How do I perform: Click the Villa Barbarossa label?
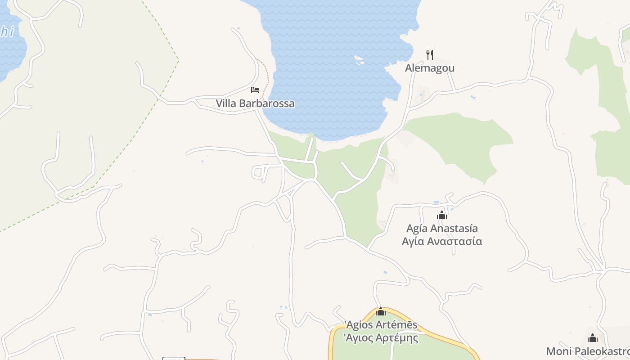pyautogui.click(x=255, y=103)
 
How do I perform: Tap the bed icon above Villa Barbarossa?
pyautogui.click(x=255, y=90)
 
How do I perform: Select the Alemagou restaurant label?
pyautogui.click(x=430, y=68)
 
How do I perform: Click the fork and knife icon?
pyautogui.click(x=430, y=55)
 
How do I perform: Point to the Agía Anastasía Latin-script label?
pyautogui.click(x=442, y=228)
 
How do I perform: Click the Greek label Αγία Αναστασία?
pyautogui.click(x=442, y=241)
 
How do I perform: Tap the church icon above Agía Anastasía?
pyautogui.click(x=442, y=215)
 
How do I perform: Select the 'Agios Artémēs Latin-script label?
pyautogui.click(x=381, y=325)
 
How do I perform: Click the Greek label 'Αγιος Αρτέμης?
pyautogui.click(x=381, y=337)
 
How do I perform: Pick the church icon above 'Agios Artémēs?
pyautogui.click(x=381, y=311)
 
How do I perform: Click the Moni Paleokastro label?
pyautogui.click(x=588, y=351)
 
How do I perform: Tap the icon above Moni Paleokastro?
pyautogui.click(x=593, y=338)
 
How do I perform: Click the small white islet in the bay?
pyautogui.click(x=359, y=59)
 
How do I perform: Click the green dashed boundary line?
pyautogui.click(x=135, y=135)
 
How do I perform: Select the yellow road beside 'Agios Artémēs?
pyautogui.click(x=432, y=331)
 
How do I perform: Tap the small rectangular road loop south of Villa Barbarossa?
pyautogui.click(x=258, y=171)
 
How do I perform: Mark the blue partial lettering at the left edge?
pyautogui.click(x=7, y=31)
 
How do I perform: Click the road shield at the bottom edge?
pyautogui.click(x=173, y=358)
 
